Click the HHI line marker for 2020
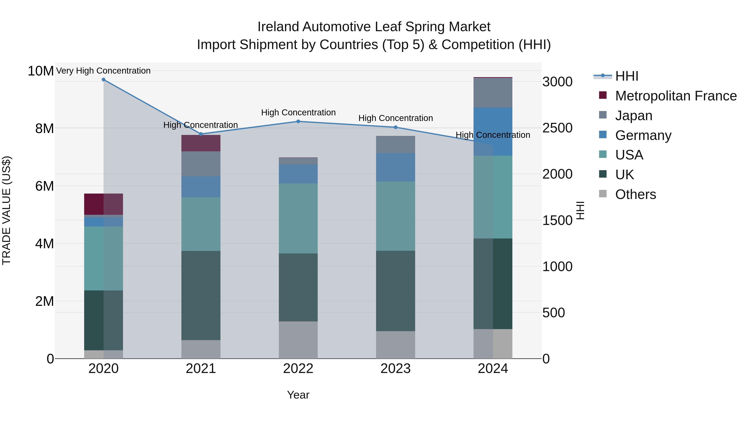coord(103,80)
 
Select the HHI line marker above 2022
coord(298,121)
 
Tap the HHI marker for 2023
coord(395,127)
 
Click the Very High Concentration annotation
coord(103,71)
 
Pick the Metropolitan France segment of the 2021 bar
coord(201,143)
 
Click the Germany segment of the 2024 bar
coord(493,132)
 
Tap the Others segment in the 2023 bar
coord(395,345)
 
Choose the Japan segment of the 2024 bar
coord(493,93)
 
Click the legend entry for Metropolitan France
coord(676,96)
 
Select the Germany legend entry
coord(643,135)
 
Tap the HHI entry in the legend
coord(627,76)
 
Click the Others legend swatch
coord(603,194)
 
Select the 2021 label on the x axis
coord(201,369)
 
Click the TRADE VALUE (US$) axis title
coord(6,210)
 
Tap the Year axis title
coord(298,395)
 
